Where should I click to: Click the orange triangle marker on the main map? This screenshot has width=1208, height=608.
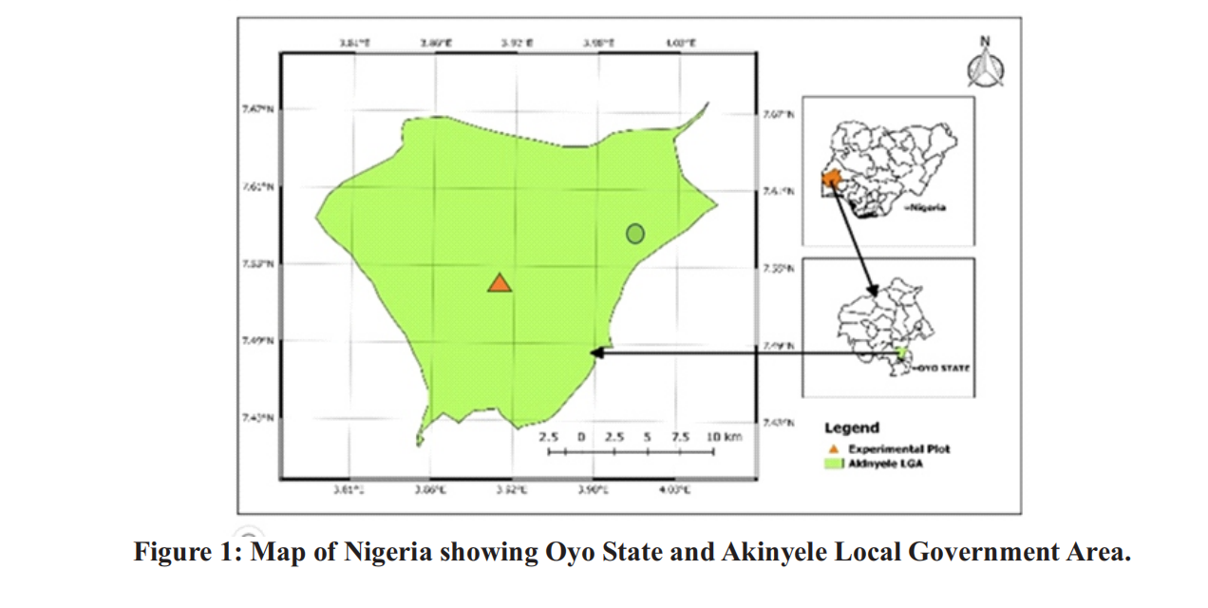pos(500,283)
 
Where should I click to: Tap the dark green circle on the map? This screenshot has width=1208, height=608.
pos(635,233)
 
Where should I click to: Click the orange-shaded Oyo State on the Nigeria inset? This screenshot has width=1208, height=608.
pos(832,179)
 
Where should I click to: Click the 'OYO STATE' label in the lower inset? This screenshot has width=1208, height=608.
pos(943,366)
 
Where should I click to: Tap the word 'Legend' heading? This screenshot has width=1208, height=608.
pos(851,428)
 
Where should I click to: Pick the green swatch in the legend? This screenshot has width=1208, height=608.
pos(833,464)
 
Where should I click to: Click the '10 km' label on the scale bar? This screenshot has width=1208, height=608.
pos(723,436)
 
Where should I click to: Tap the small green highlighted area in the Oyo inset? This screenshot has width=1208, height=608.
pos(899,352)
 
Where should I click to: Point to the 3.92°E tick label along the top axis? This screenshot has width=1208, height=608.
pos(518,43)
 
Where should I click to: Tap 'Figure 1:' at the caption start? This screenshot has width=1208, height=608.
pos(187,552)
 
